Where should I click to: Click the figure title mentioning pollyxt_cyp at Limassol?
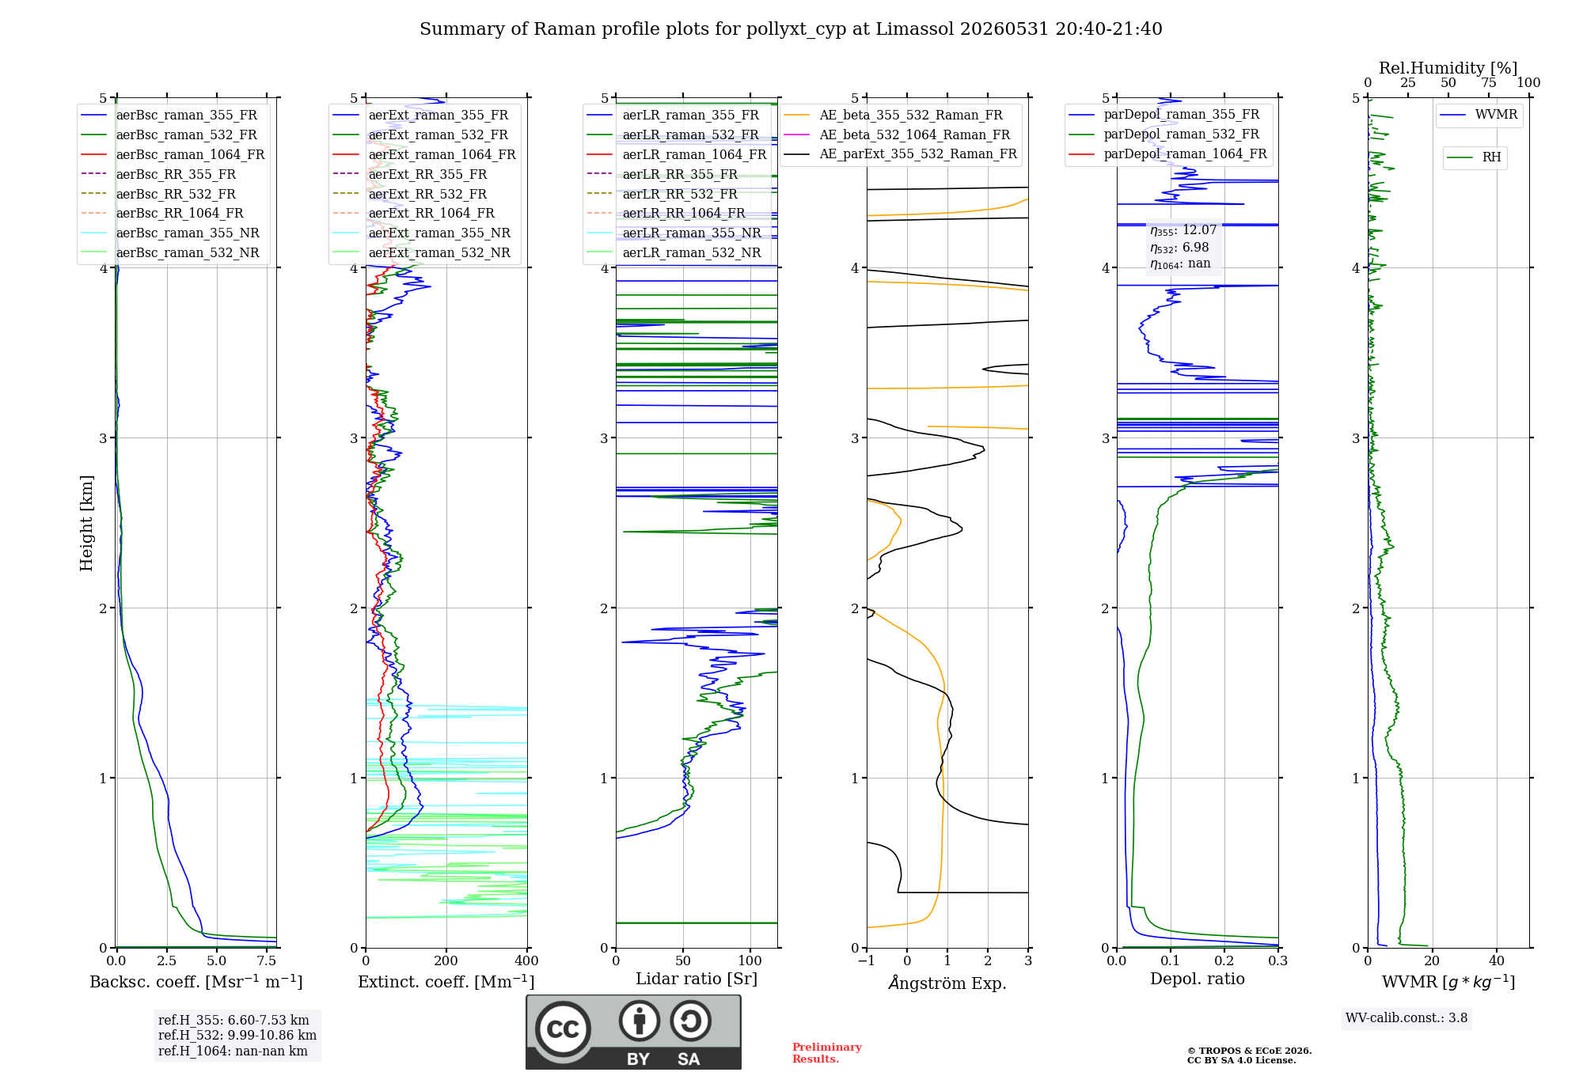pyautogui.click(x=791, y=29)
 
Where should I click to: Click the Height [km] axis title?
pyautogui.click(x=86, y=523)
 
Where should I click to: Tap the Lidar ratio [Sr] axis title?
pyautogui.click(x=697, y=979)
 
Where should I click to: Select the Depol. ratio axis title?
pyautogui.click(x=1198, y=979)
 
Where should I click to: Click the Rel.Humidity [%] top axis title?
pyautogui.click(x=1448, y=68)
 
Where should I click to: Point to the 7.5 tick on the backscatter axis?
pyautogui.click(x=267, y=960)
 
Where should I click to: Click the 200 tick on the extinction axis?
pyautogui.click(x=446, y=960)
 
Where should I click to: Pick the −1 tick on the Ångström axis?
pyautogui.click(x=867, y=960)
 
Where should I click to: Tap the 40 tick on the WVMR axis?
pyautogui.click(x=1497, y=960)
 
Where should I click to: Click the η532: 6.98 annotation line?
pyautogui.click(x=1179, y=248)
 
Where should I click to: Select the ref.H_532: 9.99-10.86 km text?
pyautogui.click(x=237, y=1035)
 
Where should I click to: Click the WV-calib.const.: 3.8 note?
pyautogui.click(x=1406, y=1018)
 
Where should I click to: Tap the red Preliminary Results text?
pyautogui.click(x=827, y=1053)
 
